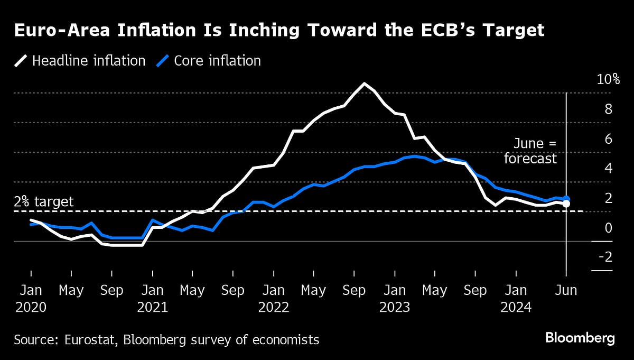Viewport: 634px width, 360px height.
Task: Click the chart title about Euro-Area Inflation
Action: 279,31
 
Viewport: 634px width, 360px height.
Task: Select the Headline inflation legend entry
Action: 79,61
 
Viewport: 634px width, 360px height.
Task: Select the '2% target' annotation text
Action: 44,201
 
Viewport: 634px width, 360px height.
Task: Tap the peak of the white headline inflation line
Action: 364,84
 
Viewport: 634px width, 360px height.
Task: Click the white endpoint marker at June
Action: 566,204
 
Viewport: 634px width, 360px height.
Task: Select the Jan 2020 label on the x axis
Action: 31,299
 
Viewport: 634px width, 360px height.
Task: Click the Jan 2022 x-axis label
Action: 274,299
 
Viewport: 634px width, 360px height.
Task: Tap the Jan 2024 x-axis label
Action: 516,299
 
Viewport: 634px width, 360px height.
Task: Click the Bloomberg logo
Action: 580,338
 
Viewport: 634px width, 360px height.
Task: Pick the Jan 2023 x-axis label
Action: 395,299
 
